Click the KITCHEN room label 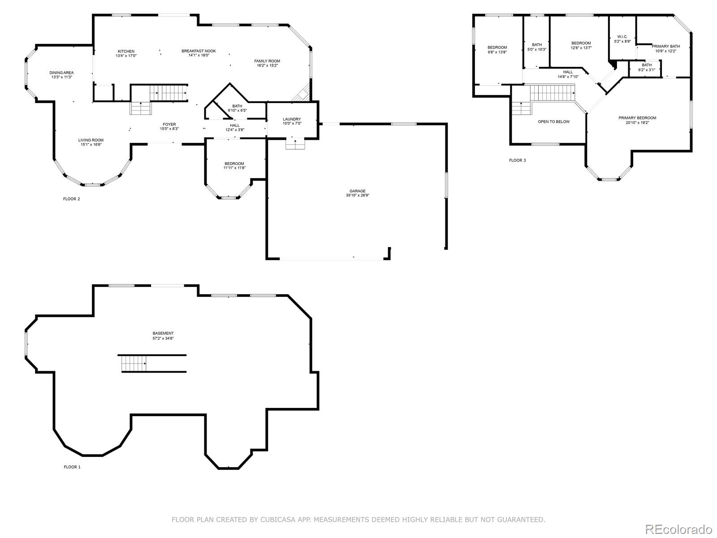click(x=126, y=51)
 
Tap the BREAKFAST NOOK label click(x=199, y=51)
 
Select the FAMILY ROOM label click(x=267, y=61)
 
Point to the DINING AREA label click(x=61, y=73)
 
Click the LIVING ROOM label click(x=91, y=140)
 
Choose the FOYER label click(x=169, y=125)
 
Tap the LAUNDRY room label click(x=292, y=119)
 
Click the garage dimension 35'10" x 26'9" click(x=358, y=195)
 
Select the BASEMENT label click(x=163, y=334)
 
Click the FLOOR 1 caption click(x=72, y=467)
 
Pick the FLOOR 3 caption click(x=518, y=161)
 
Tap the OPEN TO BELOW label click(x=554, y=122)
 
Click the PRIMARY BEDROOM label click(x=637, y=118)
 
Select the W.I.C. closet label click(x=622, y=37)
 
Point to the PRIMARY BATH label click(x=666, y=46)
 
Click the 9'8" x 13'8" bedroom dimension click(x=497, y=52)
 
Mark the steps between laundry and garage click(x=295, y=144)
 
